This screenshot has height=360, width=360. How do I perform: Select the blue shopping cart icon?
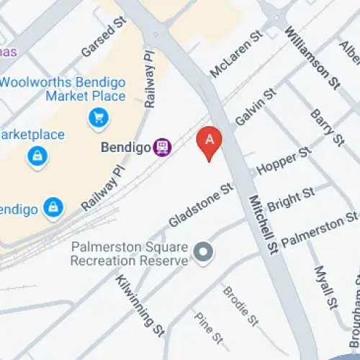98,117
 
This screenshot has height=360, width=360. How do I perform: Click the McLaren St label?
235,55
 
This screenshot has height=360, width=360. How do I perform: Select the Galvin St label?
255,108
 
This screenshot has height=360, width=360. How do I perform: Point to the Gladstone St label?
202,204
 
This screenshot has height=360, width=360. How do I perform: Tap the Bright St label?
291,199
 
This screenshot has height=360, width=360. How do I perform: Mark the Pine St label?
208,328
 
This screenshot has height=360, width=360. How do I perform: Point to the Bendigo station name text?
125,147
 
